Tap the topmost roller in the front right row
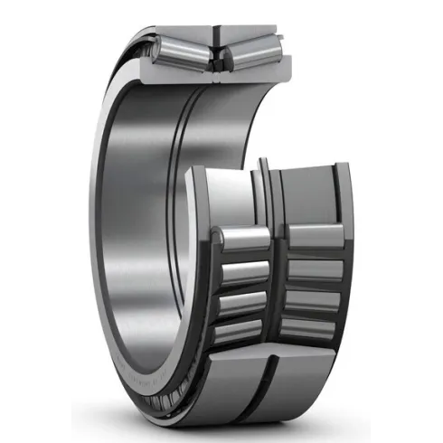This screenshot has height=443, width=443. (x=316, y=237)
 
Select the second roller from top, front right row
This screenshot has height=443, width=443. (x=316, y=269)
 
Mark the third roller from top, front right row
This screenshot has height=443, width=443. (x=316, y=300)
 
